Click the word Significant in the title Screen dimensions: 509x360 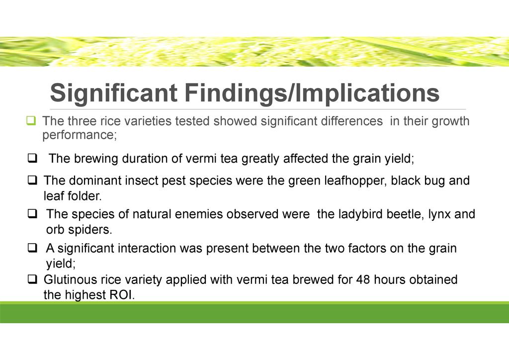[x=114, y=93]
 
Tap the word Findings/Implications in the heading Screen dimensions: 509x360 [x=312, y=93]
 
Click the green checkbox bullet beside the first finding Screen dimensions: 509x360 [x=31, y=121]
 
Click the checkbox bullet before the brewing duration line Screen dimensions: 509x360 [x=32, y=159]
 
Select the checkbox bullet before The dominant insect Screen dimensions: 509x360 [x=32, y=180]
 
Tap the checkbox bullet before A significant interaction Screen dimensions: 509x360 [x=32, y=248]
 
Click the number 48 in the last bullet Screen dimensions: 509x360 [x=363, y=279]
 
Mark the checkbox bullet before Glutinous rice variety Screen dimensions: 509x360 [x=32, y=279]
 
